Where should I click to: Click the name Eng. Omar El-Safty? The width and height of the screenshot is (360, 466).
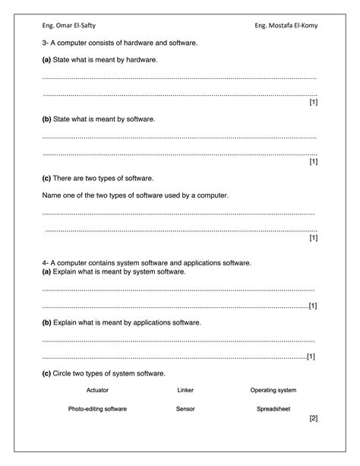(x=68, y=27)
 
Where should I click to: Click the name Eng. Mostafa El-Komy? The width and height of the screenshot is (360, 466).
(x=287, y=27)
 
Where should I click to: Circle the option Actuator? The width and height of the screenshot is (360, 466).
(x=97, y=390)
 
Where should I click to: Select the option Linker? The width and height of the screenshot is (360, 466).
(x=185, y=390)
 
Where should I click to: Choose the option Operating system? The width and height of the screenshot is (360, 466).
(x=273, y=390)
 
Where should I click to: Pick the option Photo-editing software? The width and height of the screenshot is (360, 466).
(x=97, y=409)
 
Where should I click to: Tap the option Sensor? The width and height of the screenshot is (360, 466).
(x=185, y=409)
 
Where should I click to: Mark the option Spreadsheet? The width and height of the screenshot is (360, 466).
(x=273, y=409)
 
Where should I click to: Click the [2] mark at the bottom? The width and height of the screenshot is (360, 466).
(x=313, y=418)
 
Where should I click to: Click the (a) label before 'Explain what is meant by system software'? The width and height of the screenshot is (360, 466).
(x=46, y=271)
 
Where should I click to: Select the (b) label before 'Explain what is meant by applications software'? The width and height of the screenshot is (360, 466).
(x=46, y=322)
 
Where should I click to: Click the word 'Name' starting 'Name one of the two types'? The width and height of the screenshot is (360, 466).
(x=51, y=195)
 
